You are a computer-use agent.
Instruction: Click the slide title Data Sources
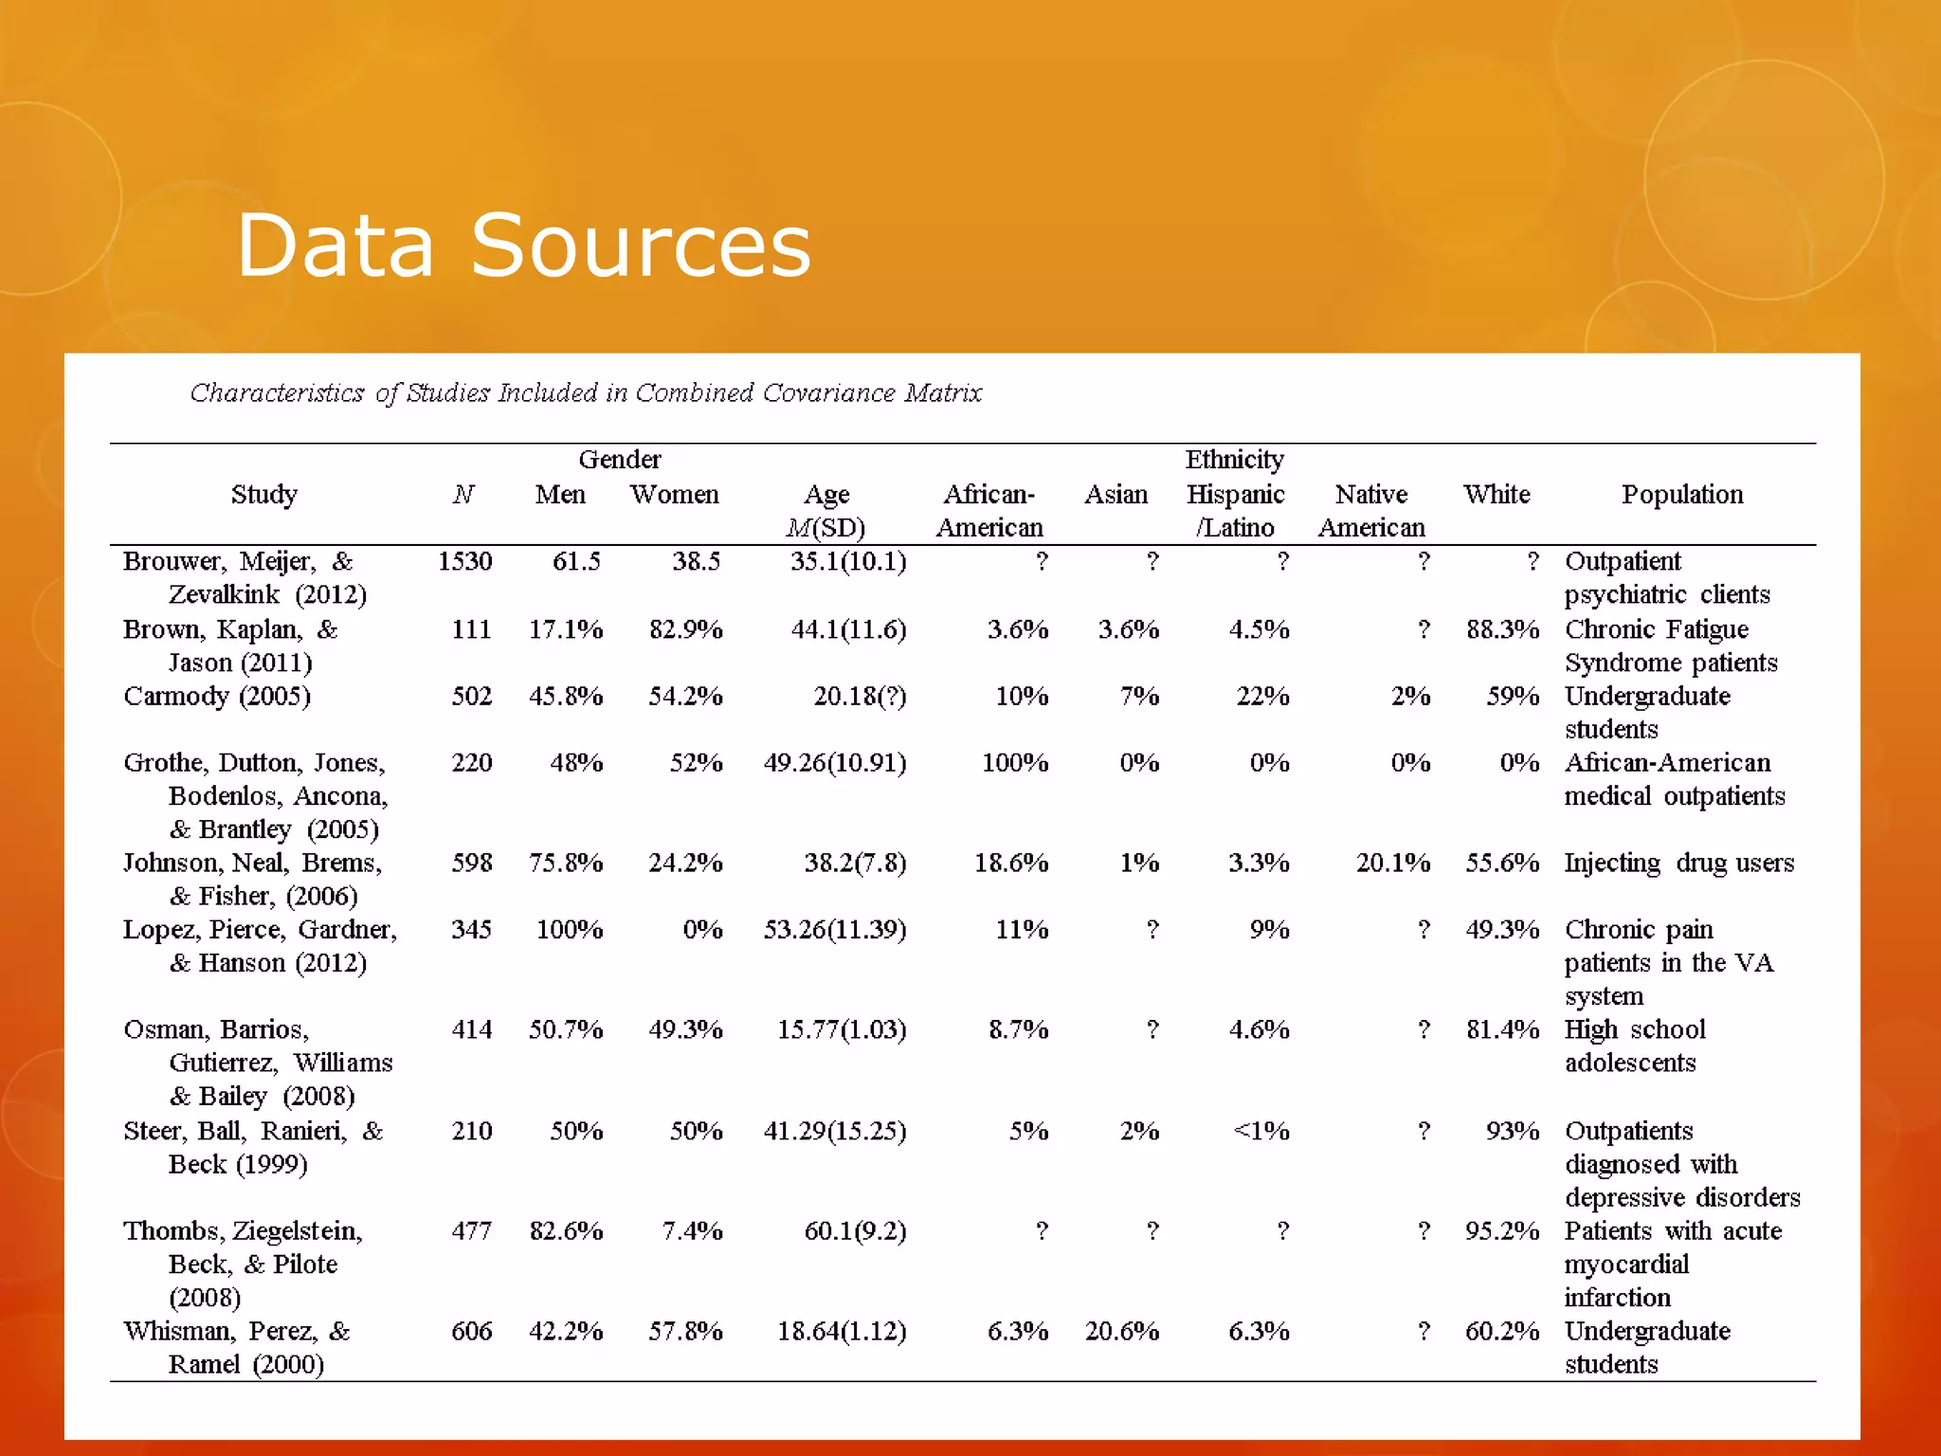tap(523, 246)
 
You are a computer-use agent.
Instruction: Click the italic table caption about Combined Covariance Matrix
tap(586, 392)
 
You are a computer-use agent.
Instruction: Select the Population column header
tap(1681, 495)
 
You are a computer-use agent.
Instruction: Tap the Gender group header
tap(619, 460)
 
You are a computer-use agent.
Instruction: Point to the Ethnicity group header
tap(1234, 460)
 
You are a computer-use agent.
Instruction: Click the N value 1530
tap(464, 562)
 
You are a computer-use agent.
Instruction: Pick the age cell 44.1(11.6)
tap(848, 629)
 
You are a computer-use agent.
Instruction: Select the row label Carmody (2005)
tap(217, 697)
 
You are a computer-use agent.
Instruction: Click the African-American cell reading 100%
tap(1014, 763)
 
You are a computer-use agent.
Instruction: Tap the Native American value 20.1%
tap(1392, 863)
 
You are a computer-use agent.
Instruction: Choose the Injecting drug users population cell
tap(1678, 863)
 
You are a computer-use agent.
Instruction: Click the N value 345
tap(471, 929)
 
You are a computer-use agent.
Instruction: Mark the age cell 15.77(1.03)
tap(842, 1029)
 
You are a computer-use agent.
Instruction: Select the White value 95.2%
tap(1501, 1231)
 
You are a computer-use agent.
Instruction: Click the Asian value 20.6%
tap(1121, 1331)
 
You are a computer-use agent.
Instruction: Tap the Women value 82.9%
tap(685, 629)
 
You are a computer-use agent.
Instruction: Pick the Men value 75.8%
tap(565, 863)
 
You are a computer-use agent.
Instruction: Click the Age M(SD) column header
tap(826, 510)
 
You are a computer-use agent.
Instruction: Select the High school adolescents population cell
tap(1634, 1046)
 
